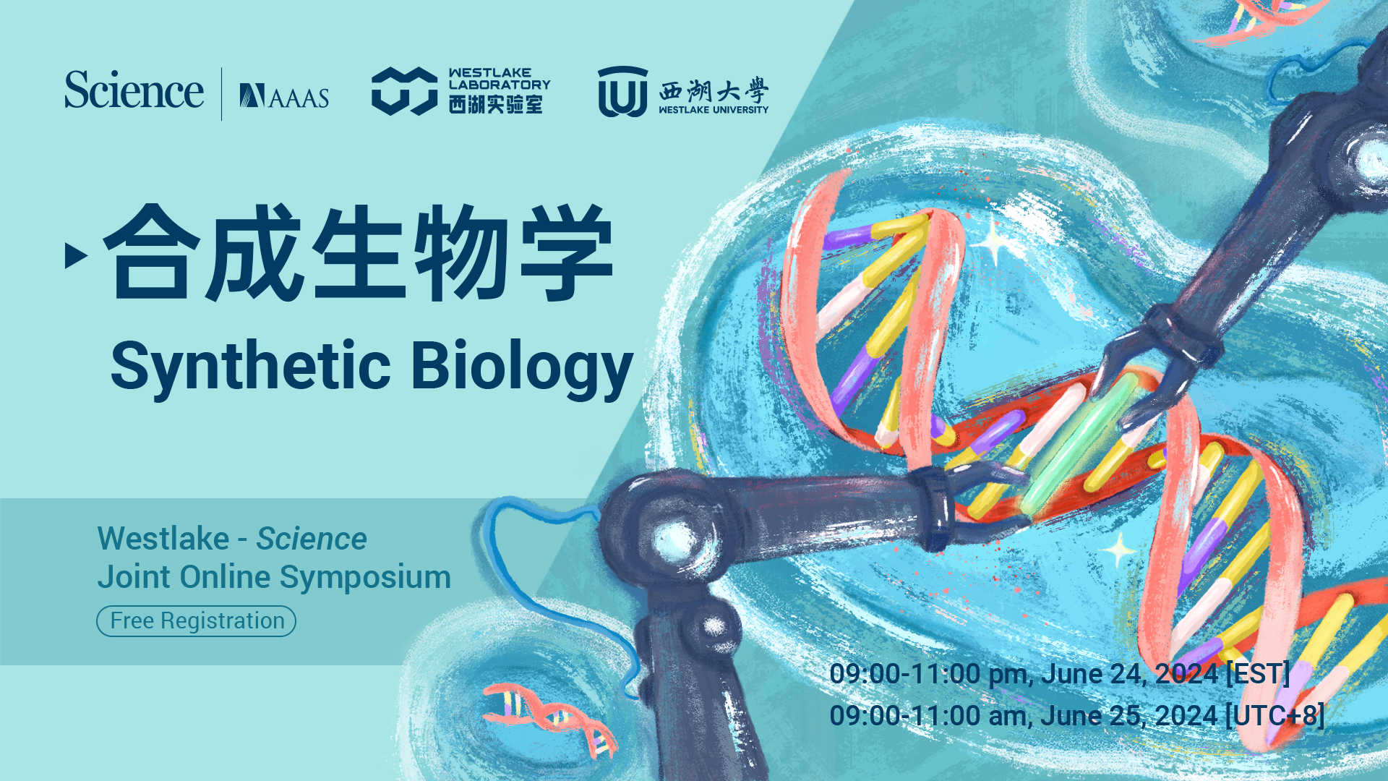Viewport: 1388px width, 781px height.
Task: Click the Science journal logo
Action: tap(134, 91)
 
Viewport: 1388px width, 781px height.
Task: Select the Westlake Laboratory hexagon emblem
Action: tap(403, 91)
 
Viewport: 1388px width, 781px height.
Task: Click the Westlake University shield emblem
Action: tap(622, 92)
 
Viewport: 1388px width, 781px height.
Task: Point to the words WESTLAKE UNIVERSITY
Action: tap(714, 110)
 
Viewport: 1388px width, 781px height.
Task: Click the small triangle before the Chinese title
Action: tap(75, 255)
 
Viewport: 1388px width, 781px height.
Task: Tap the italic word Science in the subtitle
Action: tap(312, 539)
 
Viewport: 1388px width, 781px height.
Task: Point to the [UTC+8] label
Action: tap(1275, 716)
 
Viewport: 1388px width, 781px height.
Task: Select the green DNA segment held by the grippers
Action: tap(1077, 445)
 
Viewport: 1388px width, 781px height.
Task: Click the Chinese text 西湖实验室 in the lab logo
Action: tap(495, 105)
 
